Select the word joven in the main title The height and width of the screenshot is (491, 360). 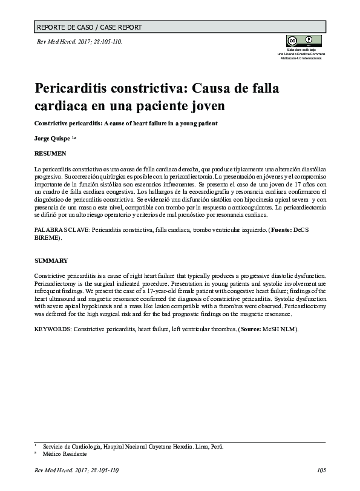pyautogui.click(x=204, y=106)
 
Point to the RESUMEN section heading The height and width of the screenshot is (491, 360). pyautogui.click(x=50, y=154)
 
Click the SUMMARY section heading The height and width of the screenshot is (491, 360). pyautogui.click(x=50, y=260)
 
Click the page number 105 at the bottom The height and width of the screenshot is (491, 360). pyautogui.click(x=321, y=470)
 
